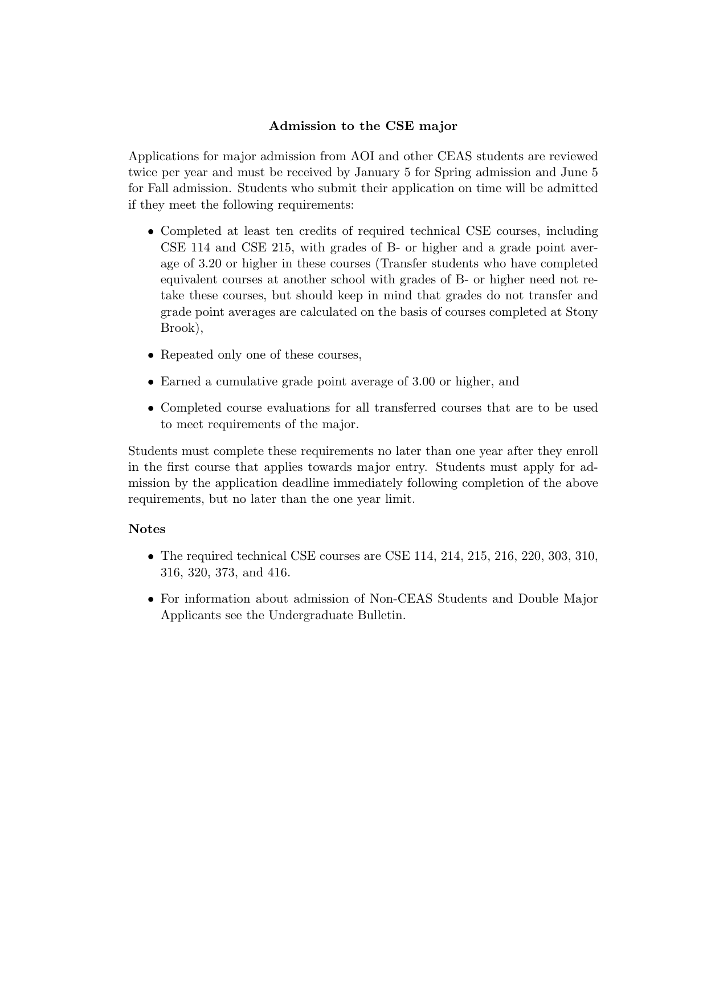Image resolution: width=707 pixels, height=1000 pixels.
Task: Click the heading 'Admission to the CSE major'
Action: tap(363, 126)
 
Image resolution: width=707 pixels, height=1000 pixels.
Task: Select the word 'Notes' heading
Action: tap(147, 529)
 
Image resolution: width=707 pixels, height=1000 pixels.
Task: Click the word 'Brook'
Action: tap(177, 328)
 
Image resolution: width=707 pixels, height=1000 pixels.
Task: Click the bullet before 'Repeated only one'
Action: tap(151, 355)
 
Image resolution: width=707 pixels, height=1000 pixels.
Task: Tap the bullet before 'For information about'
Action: tap(151, 599)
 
